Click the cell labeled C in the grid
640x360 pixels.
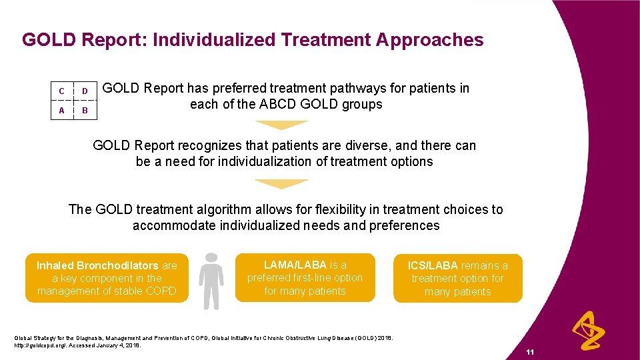62,91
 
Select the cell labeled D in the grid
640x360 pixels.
85,91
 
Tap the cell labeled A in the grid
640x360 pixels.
62,110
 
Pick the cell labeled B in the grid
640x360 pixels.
85,110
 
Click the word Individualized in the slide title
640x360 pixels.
215,40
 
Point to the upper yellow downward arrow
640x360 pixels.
281,125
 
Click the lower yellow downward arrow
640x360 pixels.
281,183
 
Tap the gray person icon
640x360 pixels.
212,281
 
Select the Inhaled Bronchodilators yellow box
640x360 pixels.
107,278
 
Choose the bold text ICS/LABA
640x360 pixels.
434,265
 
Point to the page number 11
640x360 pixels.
530,352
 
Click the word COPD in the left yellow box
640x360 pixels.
160,291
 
